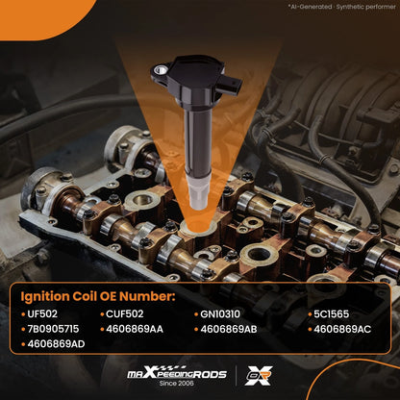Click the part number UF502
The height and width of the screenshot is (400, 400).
click(42, 313)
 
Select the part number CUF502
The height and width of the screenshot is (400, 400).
click(125, 313)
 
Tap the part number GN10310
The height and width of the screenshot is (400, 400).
click(220, 313)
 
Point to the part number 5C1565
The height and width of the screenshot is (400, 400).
click(332, 313)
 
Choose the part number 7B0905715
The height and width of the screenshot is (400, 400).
click(53, 329)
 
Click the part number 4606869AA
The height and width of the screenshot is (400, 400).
click(135, 329)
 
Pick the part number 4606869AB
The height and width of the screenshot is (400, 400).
click(229, 329)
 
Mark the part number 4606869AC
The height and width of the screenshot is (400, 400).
click(342, 329)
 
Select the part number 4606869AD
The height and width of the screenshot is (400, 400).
click(56, 344)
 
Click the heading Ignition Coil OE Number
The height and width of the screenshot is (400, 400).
click(98, 296)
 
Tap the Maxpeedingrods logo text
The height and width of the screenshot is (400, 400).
click(177, 373)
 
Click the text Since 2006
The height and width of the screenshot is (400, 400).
click(177, 384)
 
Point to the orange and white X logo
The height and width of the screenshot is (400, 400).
click(259, 375)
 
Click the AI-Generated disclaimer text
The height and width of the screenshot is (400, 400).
click(341, 7)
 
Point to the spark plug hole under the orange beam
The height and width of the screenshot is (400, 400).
click(198, 227)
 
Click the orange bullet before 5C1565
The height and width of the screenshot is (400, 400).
click(310, 314)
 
